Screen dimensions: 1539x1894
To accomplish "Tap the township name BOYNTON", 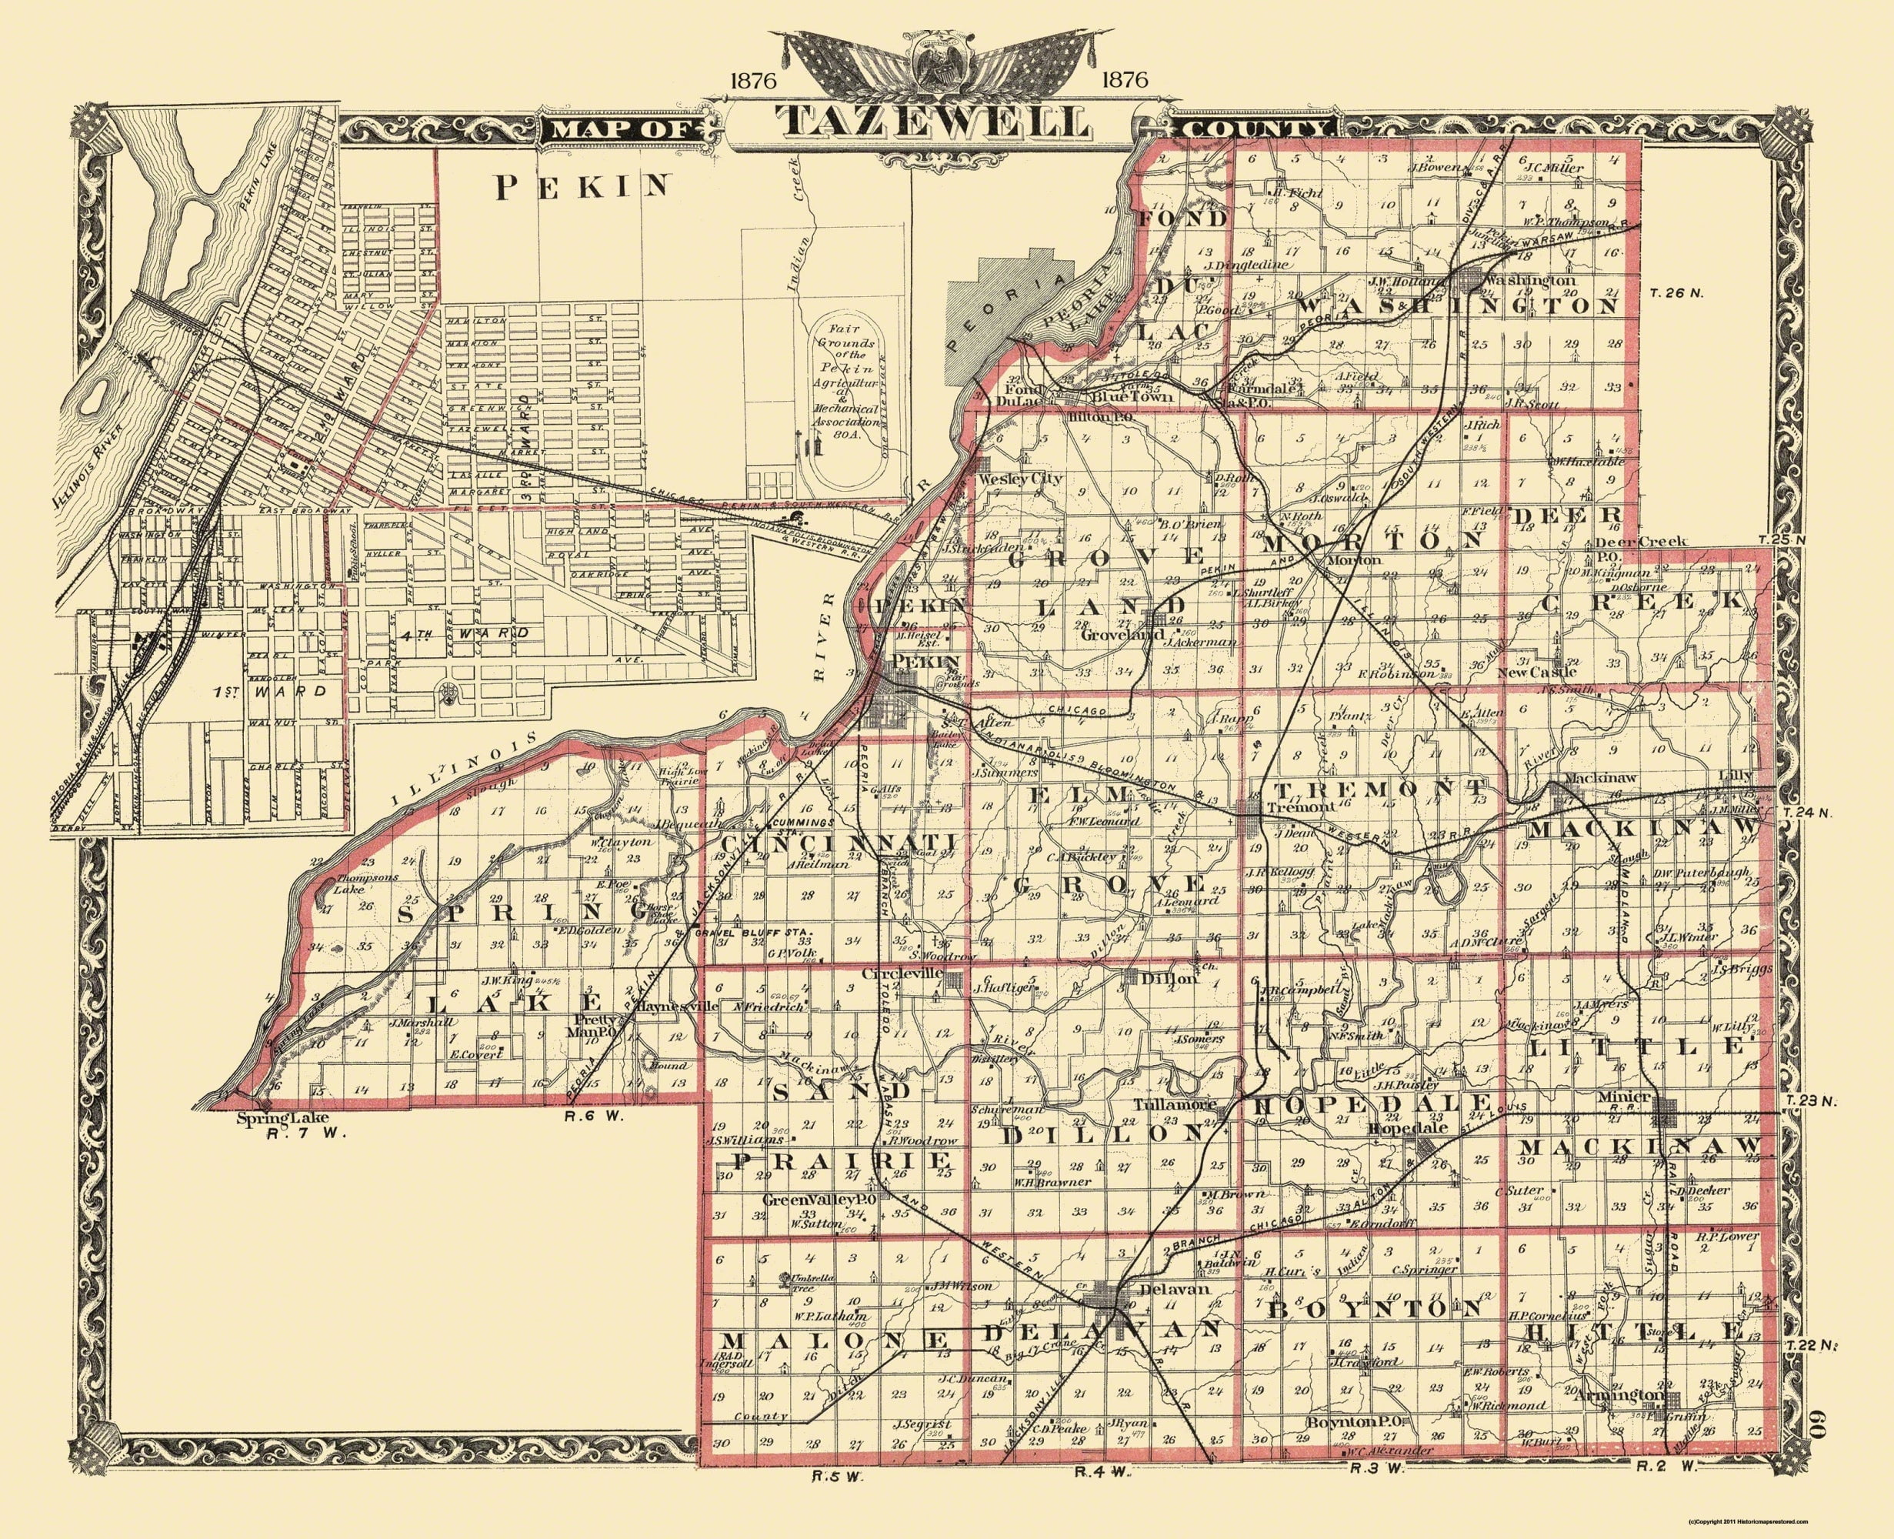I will point(1375,1307).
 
